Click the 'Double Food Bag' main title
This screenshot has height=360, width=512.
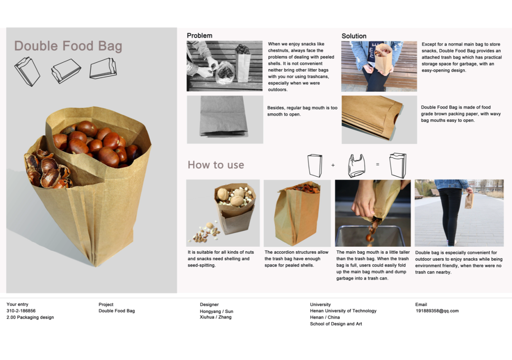tap(68, 46)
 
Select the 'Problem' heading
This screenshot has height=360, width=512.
tap(200, 35)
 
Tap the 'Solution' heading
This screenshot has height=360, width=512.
tap(354, 36)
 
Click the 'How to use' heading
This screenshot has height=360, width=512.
tap(216, 165)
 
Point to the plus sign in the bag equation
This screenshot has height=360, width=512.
tap(333, 165)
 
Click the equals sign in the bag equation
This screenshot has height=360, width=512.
tap(378, 164)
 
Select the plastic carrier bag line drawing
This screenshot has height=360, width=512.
tap(356, 166)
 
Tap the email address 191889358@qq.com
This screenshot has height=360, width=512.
tap(437, 311)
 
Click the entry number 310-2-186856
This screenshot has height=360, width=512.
tap(21, 311)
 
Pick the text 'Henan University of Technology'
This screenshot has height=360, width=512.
tap(343, 311)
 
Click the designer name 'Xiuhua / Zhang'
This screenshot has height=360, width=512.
tap(215, 317)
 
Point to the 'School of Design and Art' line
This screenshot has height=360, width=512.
tap(336, 324)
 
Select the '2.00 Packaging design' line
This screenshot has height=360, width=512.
tap(30, 317)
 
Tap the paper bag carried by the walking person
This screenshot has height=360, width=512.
tap(469, 201)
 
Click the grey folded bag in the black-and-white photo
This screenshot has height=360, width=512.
tap(223, 116)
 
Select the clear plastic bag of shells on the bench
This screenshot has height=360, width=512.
tap(225, 72)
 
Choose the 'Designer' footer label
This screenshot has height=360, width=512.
tap(209, 304)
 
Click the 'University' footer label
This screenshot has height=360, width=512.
tap(320, 304)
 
